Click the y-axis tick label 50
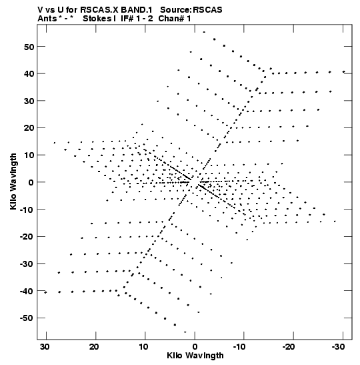click(x=29, y=47)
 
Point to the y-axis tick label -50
click(x=27, y=318)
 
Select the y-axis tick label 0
click(x=31, y=183)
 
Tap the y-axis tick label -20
click(x=27, y=237)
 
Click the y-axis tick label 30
click(x=29, y=101)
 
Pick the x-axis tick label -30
click(x=338, y=347)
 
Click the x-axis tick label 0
click(x=195, y=347)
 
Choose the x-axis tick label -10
click(x=239, y=347)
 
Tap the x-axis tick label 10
click(x=143, y=347)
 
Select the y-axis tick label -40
click(x=27, y=291)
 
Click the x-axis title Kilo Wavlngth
click(x=195, y=356)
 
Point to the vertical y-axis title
click(x=13, y=181)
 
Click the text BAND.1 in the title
click(x=137, y=10)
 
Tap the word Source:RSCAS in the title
click(x=191, y=10)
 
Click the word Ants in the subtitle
click(x=47, y=19)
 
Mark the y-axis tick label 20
click(x=29, y=128)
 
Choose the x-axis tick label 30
click(x=45, y=347)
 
